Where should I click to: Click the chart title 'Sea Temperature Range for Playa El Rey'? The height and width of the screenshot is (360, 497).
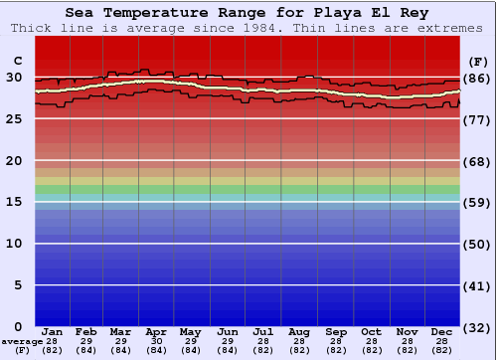pos(248,13)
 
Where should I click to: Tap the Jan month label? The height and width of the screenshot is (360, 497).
pos(53,331)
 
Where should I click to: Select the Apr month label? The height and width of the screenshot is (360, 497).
pos(156,331)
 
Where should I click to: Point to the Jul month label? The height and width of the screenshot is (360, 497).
pos(263,331)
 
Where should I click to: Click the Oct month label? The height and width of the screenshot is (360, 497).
pos(371,331)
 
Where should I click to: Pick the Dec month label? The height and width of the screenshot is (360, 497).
pos(442,331)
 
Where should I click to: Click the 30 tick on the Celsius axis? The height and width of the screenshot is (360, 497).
pos(14,78)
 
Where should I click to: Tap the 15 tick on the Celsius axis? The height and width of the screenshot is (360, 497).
pos(14,202)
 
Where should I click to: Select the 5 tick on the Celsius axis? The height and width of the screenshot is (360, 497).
pos(18,285)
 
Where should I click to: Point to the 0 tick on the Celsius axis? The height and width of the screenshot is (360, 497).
pos(18,327)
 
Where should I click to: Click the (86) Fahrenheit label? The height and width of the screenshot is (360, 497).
pos(477,78)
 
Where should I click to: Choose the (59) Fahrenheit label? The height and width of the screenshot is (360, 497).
pos(477,202)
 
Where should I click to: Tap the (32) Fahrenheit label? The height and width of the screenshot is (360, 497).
pos(477,327)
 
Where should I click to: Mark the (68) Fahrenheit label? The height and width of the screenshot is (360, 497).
pos(477,161)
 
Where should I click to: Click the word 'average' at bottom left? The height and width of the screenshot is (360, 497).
pos(21,341)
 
